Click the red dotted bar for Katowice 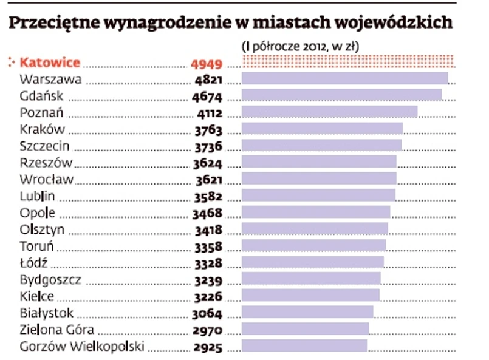pos(349,62)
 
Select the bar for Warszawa pos(344,78)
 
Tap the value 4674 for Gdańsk pos(207,96)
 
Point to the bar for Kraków pos(322,128)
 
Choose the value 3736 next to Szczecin pos(208,146)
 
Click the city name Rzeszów pos(46,163)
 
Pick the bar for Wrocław pos(319,178)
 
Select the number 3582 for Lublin pos(208,196)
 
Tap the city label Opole pos(38,213)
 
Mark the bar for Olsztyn pos(315,229)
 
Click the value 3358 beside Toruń pos(208,246)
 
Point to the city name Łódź pos(33,263)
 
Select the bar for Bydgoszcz pos(311,279)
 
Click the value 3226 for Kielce pos(208,297)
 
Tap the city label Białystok pos(47,313)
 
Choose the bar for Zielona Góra pos(305,329)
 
